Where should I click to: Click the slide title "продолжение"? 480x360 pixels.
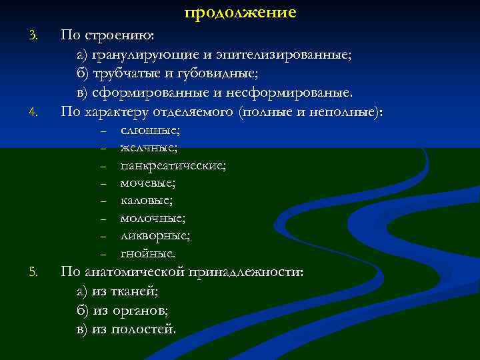click(x=240, y=13)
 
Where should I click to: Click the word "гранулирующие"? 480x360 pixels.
click(x=139, y=55)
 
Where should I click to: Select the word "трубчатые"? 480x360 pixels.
click(x=124, y=73)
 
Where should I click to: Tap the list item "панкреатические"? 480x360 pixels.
click(x=173, y=165)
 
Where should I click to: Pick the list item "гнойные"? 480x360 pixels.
click(x=148, y=253)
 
